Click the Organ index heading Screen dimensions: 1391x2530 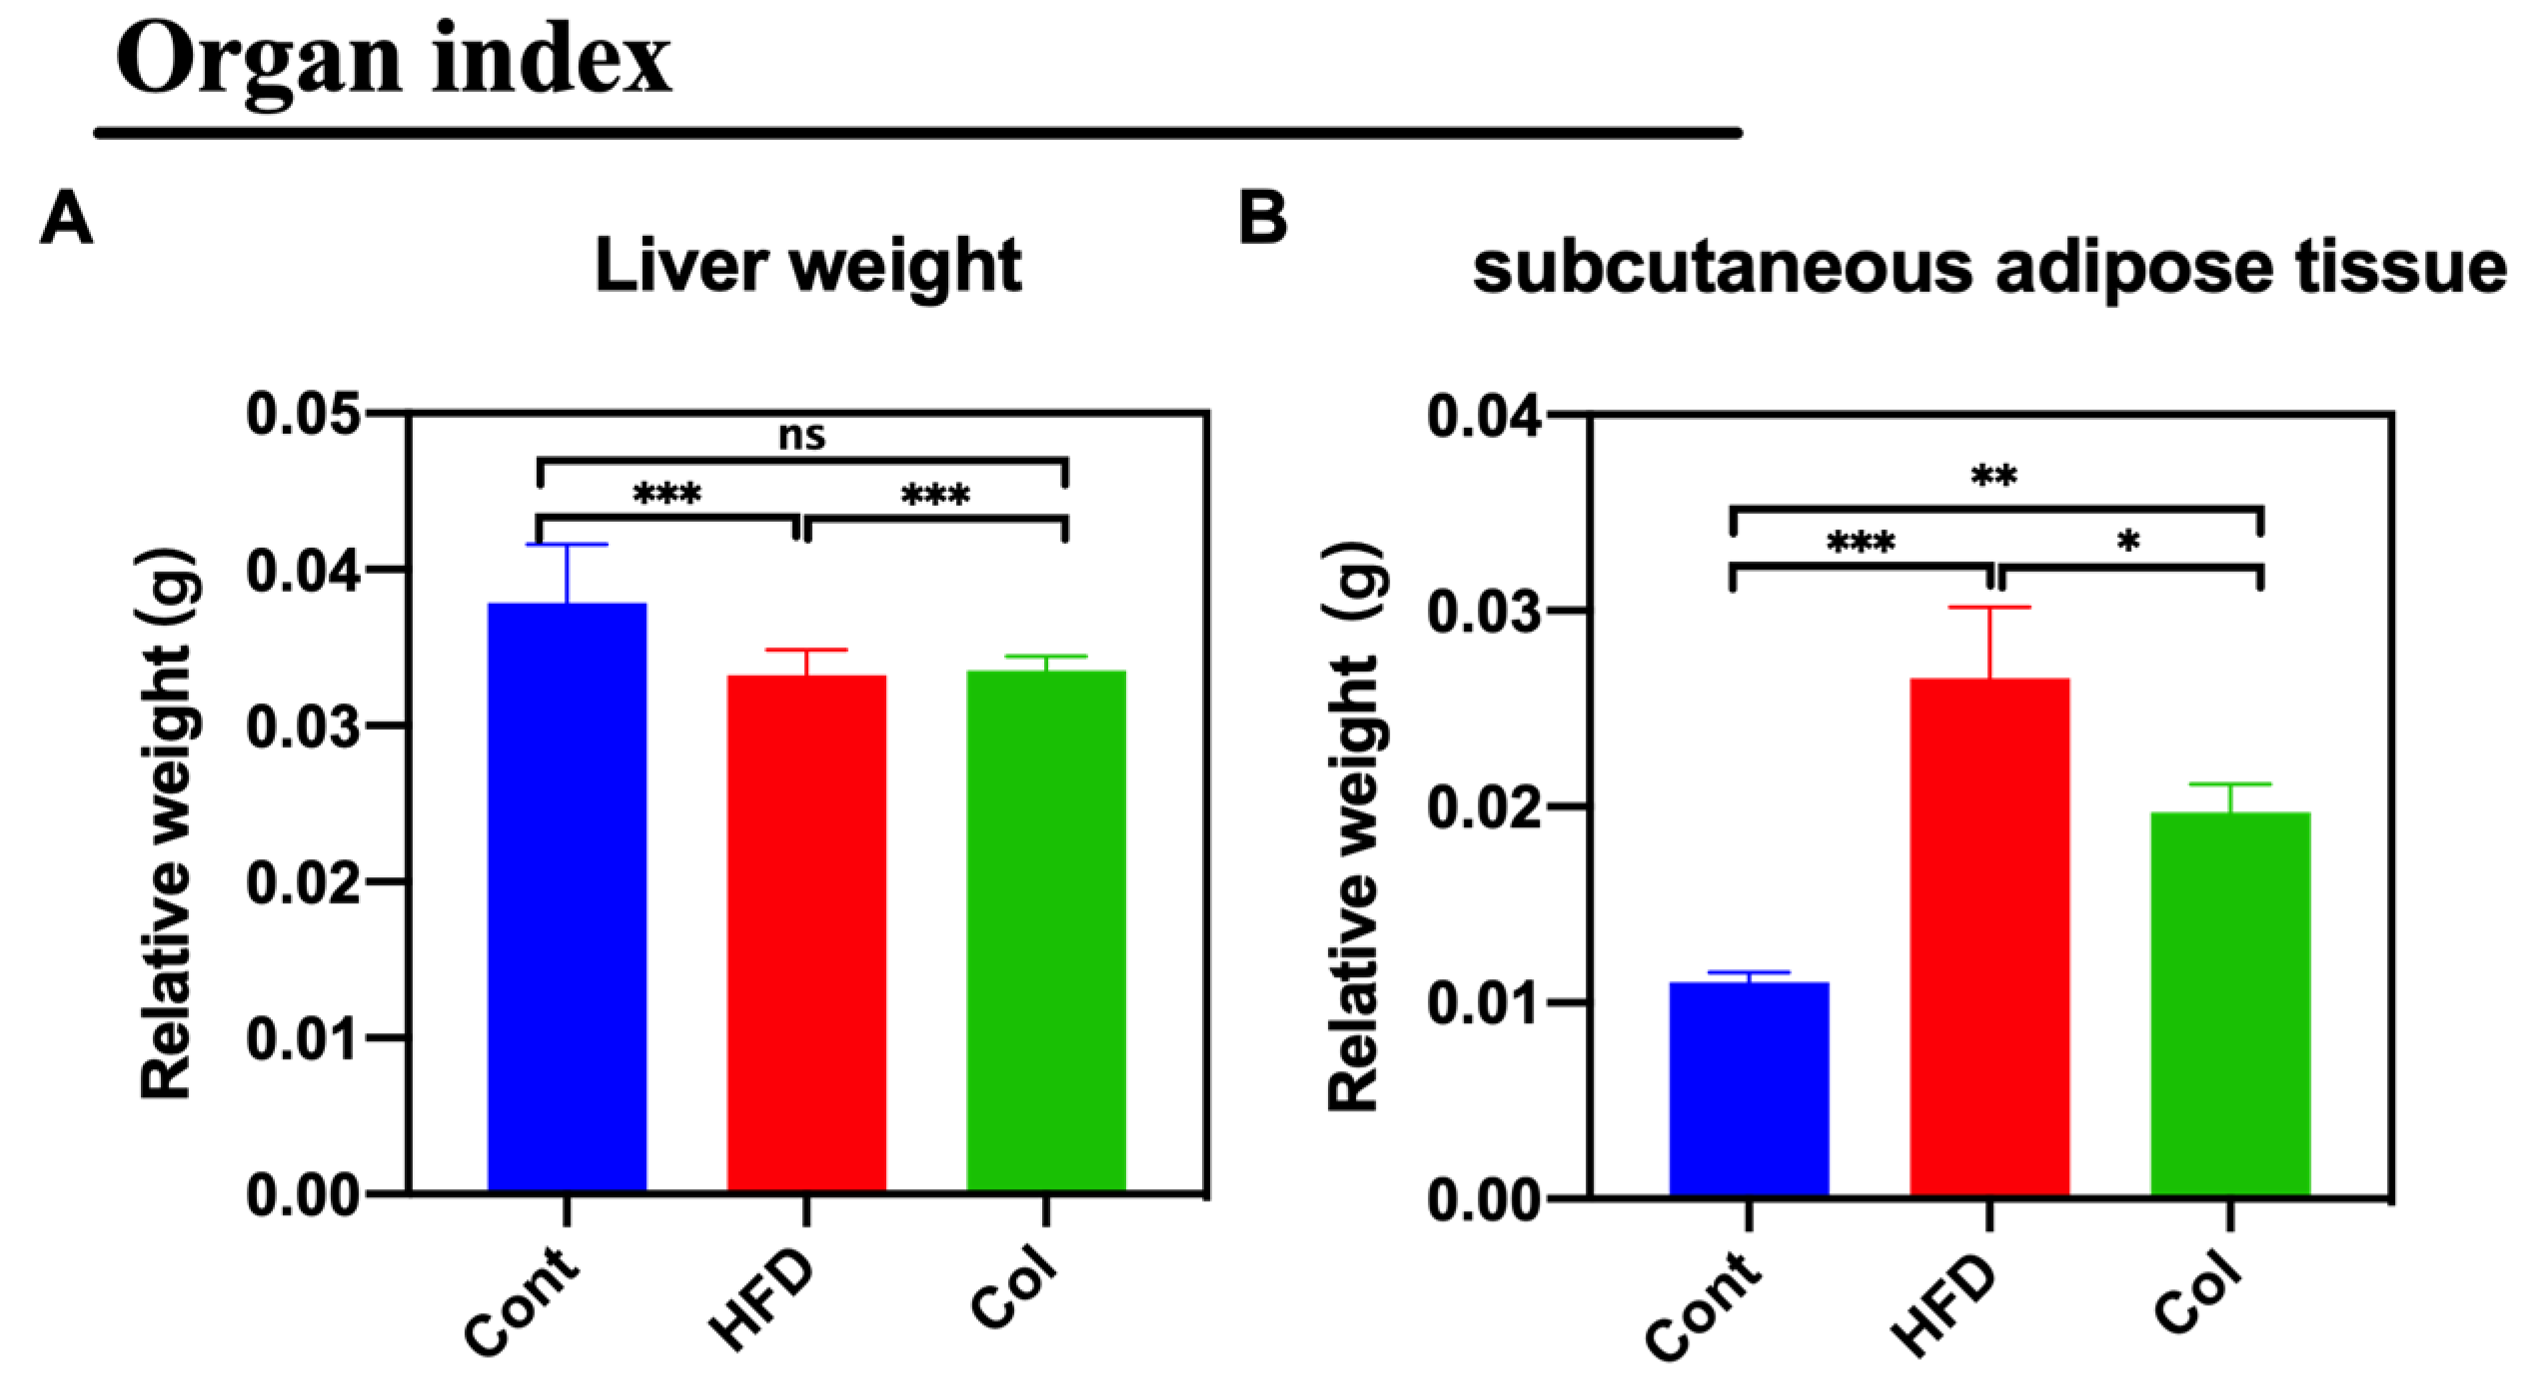(393, 60)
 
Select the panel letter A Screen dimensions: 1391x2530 (66, 217)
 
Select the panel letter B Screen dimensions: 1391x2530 (1262, 217)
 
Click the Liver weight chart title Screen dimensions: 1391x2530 (807, 266)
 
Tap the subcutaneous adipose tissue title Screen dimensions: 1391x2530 (1988, 268)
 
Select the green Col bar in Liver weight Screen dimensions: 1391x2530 (1046, 929)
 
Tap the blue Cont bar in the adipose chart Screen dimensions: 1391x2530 (1749, 1089)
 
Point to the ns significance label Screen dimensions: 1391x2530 (801, 436)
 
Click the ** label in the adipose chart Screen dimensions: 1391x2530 (1993, 477)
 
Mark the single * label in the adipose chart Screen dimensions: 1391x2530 (2128, 543)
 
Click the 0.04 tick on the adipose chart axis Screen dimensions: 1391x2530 (1484, 416)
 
